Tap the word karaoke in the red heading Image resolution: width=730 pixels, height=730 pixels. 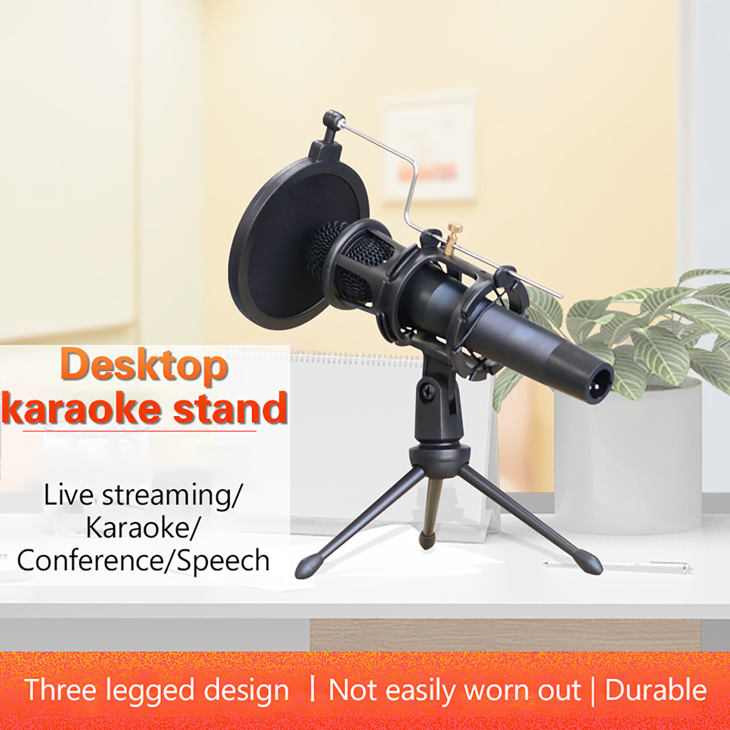82,407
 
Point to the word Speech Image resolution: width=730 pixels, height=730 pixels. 223,561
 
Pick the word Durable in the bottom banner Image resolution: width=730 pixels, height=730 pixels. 656,690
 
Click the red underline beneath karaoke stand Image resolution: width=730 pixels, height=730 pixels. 139,430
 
